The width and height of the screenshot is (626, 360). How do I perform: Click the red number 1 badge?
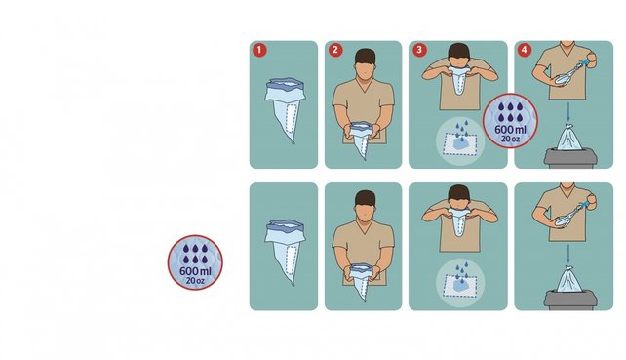pyautogui.click(x=259, y=50)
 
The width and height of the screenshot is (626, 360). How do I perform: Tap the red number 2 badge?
pyautogui.click(x=335, y=50)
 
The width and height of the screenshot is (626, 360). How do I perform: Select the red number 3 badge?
pyautogui.click(x=419, y=50)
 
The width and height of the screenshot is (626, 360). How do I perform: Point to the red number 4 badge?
pyautogui.click(x=525, y=50)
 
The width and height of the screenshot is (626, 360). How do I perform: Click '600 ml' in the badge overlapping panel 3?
pyautogui.click(x=510, y=130)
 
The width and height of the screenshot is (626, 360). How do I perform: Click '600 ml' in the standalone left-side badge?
pyautogui.click(x=195, y=271)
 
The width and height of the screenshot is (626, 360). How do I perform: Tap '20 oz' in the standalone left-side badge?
pyautogui.click(x=195, y=281)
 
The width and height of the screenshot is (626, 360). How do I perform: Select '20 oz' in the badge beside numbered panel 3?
pyautogui.click(x=510, y=140)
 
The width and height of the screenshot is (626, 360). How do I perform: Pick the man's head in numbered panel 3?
pyautogui.click(x=458, y=56)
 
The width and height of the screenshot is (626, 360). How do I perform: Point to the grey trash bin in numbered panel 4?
pyautogui.click(x=570, y=158)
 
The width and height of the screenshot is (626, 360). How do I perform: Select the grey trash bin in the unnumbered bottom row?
pyautogui.click(x=570, y=300)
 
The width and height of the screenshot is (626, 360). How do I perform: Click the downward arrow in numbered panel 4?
pyautogui.click(x=568, y=112)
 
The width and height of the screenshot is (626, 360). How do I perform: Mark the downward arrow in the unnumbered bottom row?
pyautogui.click(x=568, y=255)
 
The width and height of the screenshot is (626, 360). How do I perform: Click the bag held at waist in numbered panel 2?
pyautogui.click(x=363, y=139)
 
